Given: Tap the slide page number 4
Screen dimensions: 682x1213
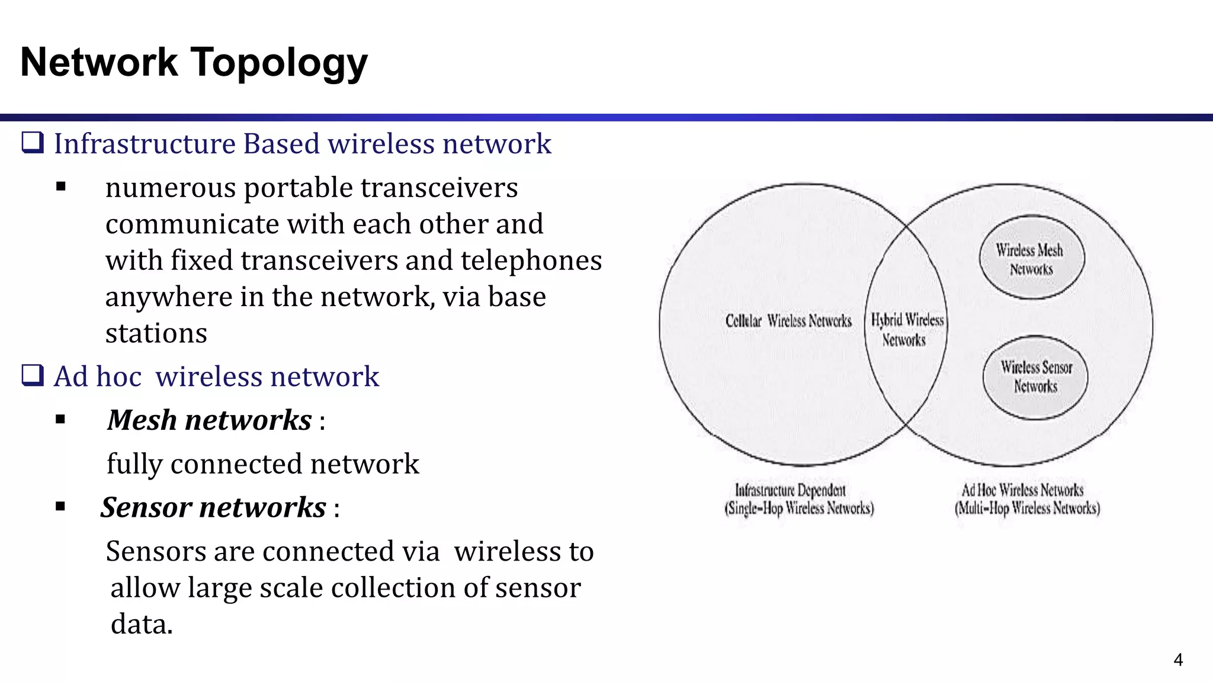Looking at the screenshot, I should pyautogui.click(x=1177, y=660).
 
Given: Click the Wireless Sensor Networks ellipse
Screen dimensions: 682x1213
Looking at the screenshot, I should pyautogui.click(x=1035, y=377).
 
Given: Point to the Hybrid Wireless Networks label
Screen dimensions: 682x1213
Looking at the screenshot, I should pyautogui.click(x=906, y=330).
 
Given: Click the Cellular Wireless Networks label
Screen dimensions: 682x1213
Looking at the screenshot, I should pyautogui.click(x=788, y=321).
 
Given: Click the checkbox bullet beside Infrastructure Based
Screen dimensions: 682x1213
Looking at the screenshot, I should pyautogui.click(x=33, y=143).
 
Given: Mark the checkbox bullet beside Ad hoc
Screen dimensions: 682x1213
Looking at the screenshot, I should pyautogui.click(x=33, y=376).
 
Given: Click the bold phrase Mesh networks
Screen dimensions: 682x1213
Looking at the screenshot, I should pyautogui.click(x=209, y=420).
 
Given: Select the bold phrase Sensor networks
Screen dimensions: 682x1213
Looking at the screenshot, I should pyautogui.click(x=213, y=507).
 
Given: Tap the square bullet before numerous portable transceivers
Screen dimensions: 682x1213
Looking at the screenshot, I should pyautogui.click(x=60, y=188).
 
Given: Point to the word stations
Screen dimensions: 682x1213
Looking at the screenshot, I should pyautogui.click(x=156, y=333).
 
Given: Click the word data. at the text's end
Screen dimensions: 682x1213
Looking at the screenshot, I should pyautogui.click(x=142, y=624).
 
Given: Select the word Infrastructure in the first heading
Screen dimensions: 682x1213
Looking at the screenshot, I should pyautogui.click(x=145, y=144).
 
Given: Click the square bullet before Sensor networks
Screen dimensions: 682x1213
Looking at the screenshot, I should pyautogui.click(x=60, y=507).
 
